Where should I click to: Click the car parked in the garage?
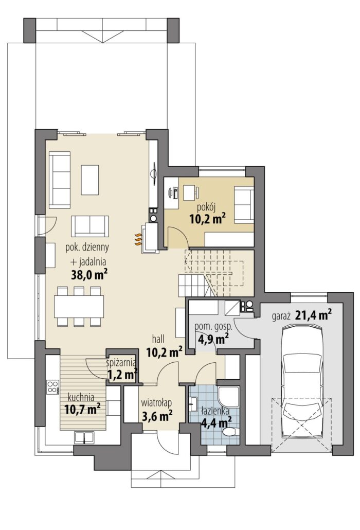click(301, 380)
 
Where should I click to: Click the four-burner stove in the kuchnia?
click(52, 386)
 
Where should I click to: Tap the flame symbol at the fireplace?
click(138, 239)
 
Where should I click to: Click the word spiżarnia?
click(120, 363)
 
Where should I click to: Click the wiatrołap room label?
click(156, 403)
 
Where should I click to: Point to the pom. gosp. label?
click(213, 327)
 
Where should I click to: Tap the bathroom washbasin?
click(193, 403)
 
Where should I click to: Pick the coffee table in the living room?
click(90, 180)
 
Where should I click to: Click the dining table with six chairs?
click(79, 307)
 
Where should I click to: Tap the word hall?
click(158, 339)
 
